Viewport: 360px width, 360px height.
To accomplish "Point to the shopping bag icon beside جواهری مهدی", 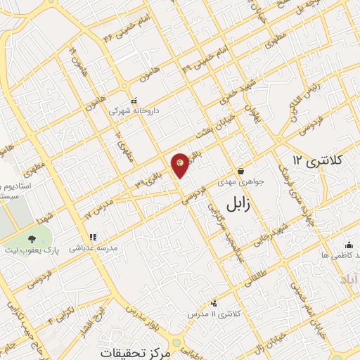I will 241,171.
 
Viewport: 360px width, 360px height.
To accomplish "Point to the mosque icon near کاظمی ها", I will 349,245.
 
